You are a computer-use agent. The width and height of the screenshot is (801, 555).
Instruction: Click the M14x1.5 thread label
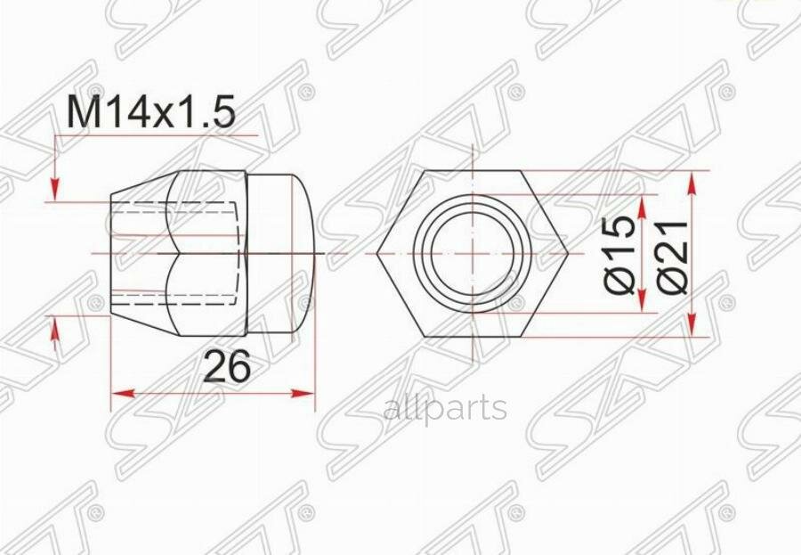[x=150, y=113]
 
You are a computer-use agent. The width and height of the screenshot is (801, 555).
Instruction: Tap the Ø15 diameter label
[x=624, y=254]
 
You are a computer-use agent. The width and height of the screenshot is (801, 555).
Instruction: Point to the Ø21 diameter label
[x=674, y=254]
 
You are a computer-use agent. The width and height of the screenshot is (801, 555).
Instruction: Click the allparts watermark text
[x=444, y=409]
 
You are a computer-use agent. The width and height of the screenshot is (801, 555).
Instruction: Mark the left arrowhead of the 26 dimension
[x=118, y=393]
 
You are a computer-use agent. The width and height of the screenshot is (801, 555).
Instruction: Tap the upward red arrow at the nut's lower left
[x=55, y=331]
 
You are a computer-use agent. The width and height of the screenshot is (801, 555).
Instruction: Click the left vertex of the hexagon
[x=377, y=254]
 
